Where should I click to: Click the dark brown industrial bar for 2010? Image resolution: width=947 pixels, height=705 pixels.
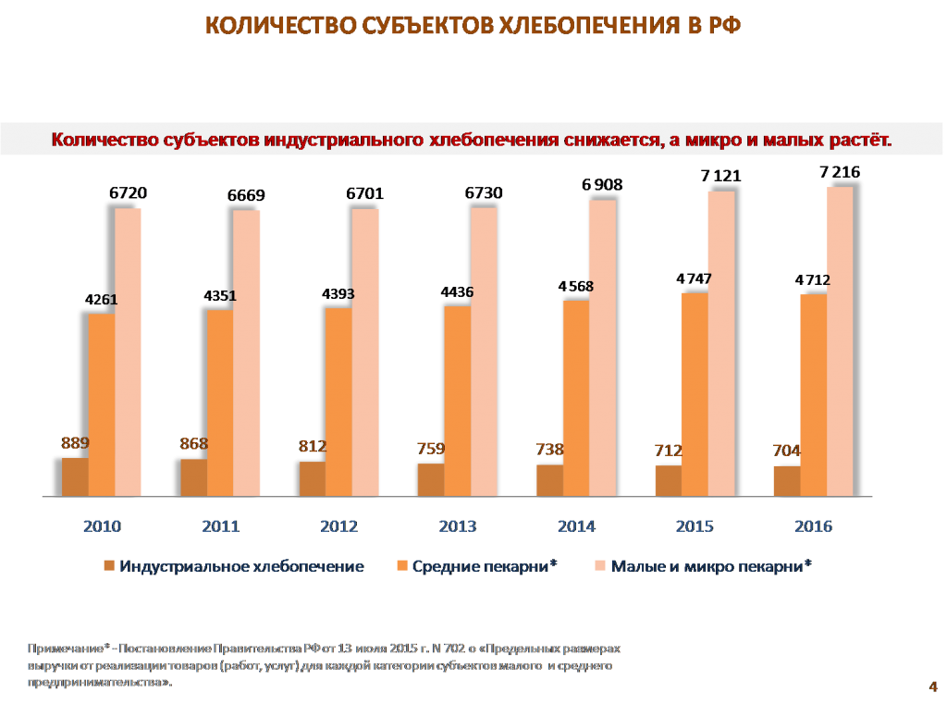tap(75, 476)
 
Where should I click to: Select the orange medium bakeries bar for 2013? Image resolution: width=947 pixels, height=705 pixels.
tap(458, 401)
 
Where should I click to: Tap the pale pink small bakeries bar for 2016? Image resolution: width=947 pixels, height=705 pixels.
tap(840, 340)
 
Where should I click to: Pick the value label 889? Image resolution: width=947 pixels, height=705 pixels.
tap(76, 444)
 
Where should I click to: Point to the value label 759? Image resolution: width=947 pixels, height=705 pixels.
tap(431, 450)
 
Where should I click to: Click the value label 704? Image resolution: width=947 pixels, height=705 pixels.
tap(786, 451)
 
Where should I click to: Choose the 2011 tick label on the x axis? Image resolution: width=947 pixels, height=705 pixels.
tap(220, 526)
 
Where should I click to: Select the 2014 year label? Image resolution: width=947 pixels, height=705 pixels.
tap(576, 526)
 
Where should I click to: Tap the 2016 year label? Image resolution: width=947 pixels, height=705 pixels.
tap(814, 526)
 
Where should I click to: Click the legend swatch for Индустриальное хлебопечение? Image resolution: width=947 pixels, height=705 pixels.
tap(109, 566)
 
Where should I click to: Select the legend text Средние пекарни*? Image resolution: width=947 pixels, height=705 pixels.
tap(485, 566)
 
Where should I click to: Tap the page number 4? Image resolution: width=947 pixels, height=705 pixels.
tap(932, 686)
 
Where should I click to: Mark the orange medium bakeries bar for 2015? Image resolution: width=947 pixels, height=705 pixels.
tap(695, 394)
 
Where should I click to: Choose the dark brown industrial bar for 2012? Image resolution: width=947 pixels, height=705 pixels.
tap(313, 478)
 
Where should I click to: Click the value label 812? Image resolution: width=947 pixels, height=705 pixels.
tap(313, 447)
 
